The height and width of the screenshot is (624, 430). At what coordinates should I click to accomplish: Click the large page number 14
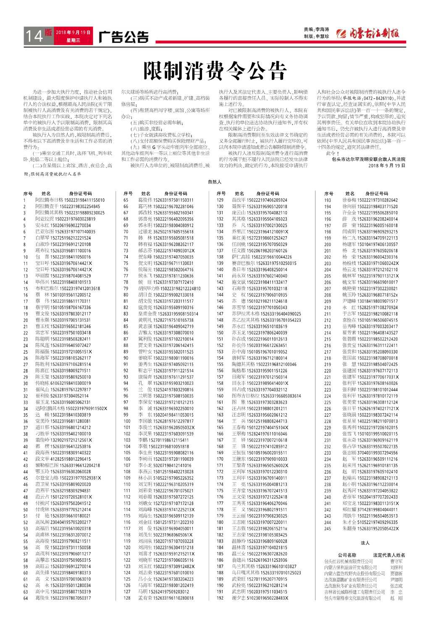[x=34, y=36]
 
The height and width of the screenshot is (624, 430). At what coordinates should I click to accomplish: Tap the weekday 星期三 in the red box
[x=73, y=41]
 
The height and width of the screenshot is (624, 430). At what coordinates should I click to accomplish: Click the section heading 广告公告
[x=123, y=37]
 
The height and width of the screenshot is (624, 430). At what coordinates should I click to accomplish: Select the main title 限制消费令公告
[x=215, y=70]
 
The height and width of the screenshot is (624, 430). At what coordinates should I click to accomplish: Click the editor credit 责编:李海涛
[x=316, y=29]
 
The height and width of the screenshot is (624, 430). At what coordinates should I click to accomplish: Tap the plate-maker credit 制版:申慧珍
[x=316, y=37]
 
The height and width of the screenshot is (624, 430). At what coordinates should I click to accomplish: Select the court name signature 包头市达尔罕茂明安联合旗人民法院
[x=368, y=159]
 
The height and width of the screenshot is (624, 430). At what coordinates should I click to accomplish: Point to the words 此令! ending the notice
[x=331, y=153]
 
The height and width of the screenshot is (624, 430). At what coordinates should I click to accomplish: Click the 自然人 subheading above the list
[x=215, y=182]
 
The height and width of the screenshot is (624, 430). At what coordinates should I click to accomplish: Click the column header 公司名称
[x=347, y=555]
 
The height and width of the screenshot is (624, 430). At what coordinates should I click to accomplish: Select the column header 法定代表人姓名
[x=389, y=555]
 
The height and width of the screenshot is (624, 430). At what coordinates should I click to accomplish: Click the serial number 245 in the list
[x=328, y=529]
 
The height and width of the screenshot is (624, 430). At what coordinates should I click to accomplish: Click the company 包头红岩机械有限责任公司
[x=348, y=561]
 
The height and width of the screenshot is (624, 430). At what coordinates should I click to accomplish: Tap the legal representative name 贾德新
[x=396, y=574]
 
